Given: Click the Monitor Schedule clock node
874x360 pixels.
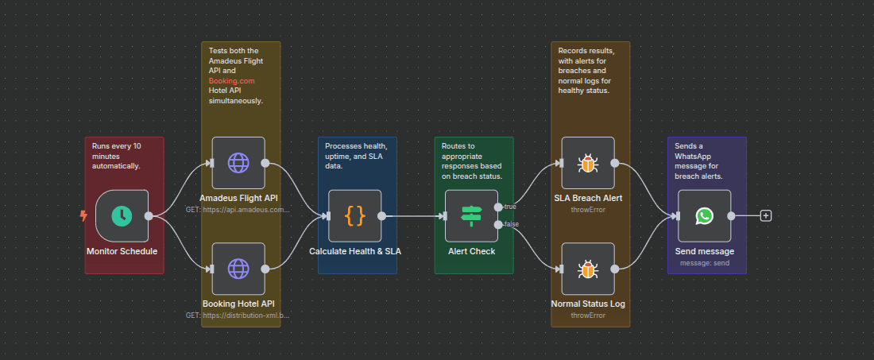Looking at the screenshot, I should [x=122, y=215].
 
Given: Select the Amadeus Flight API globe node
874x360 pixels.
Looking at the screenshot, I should [x=238, y=163].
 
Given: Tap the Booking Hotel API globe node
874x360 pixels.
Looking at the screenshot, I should [x=238, y=269].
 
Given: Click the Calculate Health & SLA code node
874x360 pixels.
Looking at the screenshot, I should [x=355, y=215].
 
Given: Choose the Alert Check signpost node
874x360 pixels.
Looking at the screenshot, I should [x=471, y=215].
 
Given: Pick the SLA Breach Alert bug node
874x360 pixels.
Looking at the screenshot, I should [x=588, y=163].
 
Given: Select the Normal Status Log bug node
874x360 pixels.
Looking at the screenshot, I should [x=588, y=269].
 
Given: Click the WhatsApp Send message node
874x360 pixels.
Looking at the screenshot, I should [x=705, y=215].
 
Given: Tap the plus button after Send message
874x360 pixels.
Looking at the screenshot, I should [x=765, y=215].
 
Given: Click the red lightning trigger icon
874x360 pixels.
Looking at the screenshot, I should [x=84, y=215].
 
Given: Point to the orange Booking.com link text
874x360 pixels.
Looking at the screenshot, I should [x=231, y=80].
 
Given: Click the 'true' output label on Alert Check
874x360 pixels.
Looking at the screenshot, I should [x=510, y=207].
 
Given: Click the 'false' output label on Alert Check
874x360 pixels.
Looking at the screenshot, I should [x=510, y=225].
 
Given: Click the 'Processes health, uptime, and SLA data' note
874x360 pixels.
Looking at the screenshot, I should [x=357, y=156].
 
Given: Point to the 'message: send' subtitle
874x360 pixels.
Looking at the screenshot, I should [x=705, y=262].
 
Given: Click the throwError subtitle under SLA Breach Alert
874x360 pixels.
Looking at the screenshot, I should [x=588, y=210].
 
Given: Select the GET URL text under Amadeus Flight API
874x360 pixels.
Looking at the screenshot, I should [x=238, y=210].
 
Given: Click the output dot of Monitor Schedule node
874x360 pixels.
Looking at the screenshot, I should [x=149, y=215].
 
